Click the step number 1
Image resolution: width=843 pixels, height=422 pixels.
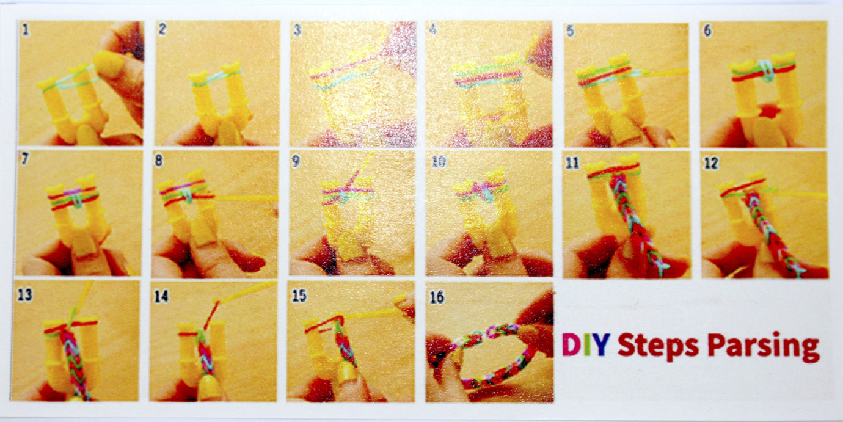point(26,30)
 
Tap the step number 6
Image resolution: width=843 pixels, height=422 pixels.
point(707,31)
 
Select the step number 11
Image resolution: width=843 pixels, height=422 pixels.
point(572,163)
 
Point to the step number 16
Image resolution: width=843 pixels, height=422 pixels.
point(437,297)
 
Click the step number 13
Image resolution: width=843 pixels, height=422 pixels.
point(25,295)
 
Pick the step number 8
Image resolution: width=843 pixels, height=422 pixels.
point(159,161)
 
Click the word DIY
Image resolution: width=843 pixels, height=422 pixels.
point(584,345)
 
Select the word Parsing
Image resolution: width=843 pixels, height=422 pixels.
point(763,347)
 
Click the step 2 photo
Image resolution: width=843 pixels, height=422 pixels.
point(217,83)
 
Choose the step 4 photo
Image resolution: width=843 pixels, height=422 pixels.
point(489,84)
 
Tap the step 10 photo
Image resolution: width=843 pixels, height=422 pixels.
point(489,214)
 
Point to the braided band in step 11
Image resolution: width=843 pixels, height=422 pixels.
point(636,222)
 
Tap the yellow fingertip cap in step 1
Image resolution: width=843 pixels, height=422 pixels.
point(108,64)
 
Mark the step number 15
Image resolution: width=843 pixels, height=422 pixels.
point(299,296)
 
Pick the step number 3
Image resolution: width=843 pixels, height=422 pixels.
point(297,30)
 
